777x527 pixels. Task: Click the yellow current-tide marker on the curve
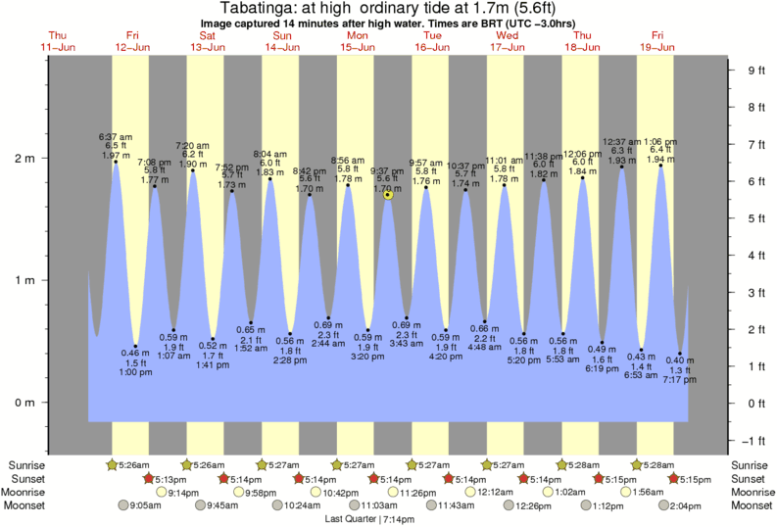click(x=389, y=195)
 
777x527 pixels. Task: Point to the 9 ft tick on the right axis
click(x=755, y=71)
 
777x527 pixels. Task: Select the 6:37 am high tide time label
click(x=115, y=134)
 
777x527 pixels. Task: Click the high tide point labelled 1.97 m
click(x=116, y=163)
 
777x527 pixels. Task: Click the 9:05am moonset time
click(x=146, y=505)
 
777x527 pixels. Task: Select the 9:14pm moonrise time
click(x=183, y=492)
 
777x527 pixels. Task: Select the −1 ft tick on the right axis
click(x=755, y=439)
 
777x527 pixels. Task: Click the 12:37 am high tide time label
click(x=622, y=141)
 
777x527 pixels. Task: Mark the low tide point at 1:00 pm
click(x=135, y=346)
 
